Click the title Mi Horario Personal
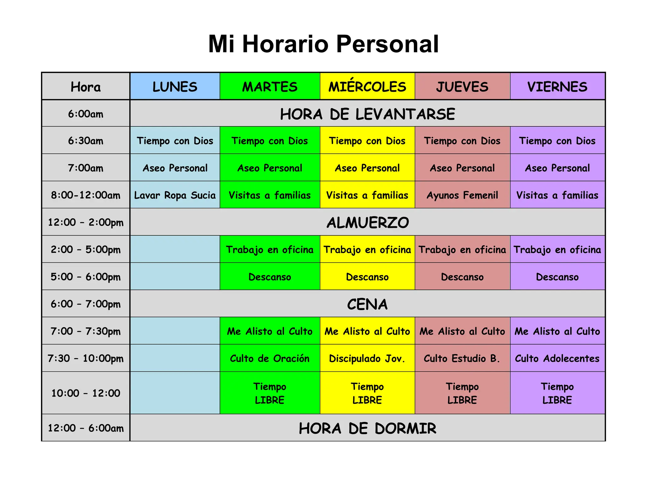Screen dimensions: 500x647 click(323, 44)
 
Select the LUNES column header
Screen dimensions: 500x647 click(175, 87)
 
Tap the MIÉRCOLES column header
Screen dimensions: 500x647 click(367, 87)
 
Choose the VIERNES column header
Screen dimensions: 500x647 click(557, 87)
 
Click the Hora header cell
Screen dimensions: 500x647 click(86, 87)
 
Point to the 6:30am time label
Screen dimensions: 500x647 click(86, 141)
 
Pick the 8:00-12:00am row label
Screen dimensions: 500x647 click(86, 195)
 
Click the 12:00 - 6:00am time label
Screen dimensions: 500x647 click(86, 428)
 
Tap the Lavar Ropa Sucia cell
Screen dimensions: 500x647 click(175, 195)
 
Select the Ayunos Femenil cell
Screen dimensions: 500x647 click(462, 195)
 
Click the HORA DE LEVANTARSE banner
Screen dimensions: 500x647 click(367, 114)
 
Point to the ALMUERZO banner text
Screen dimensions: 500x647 click(367, 223)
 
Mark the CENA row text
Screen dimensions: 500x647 click(367, 304)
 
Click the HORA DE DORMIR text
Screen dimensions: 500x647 click(367, 428)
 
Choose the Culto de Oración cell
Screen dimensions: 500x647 click(269, 358)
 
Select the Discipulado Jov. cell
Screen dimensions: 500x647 click(367, 358)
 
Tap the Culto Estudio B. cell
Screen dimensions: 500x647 click(462, 358)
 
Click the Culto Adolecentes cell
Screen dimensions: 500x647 click(557, 358)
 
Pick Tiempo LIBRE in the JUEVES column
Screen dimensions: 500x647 click(462, 393)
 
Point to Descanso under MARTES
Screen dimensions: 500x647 click(269, 277)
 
